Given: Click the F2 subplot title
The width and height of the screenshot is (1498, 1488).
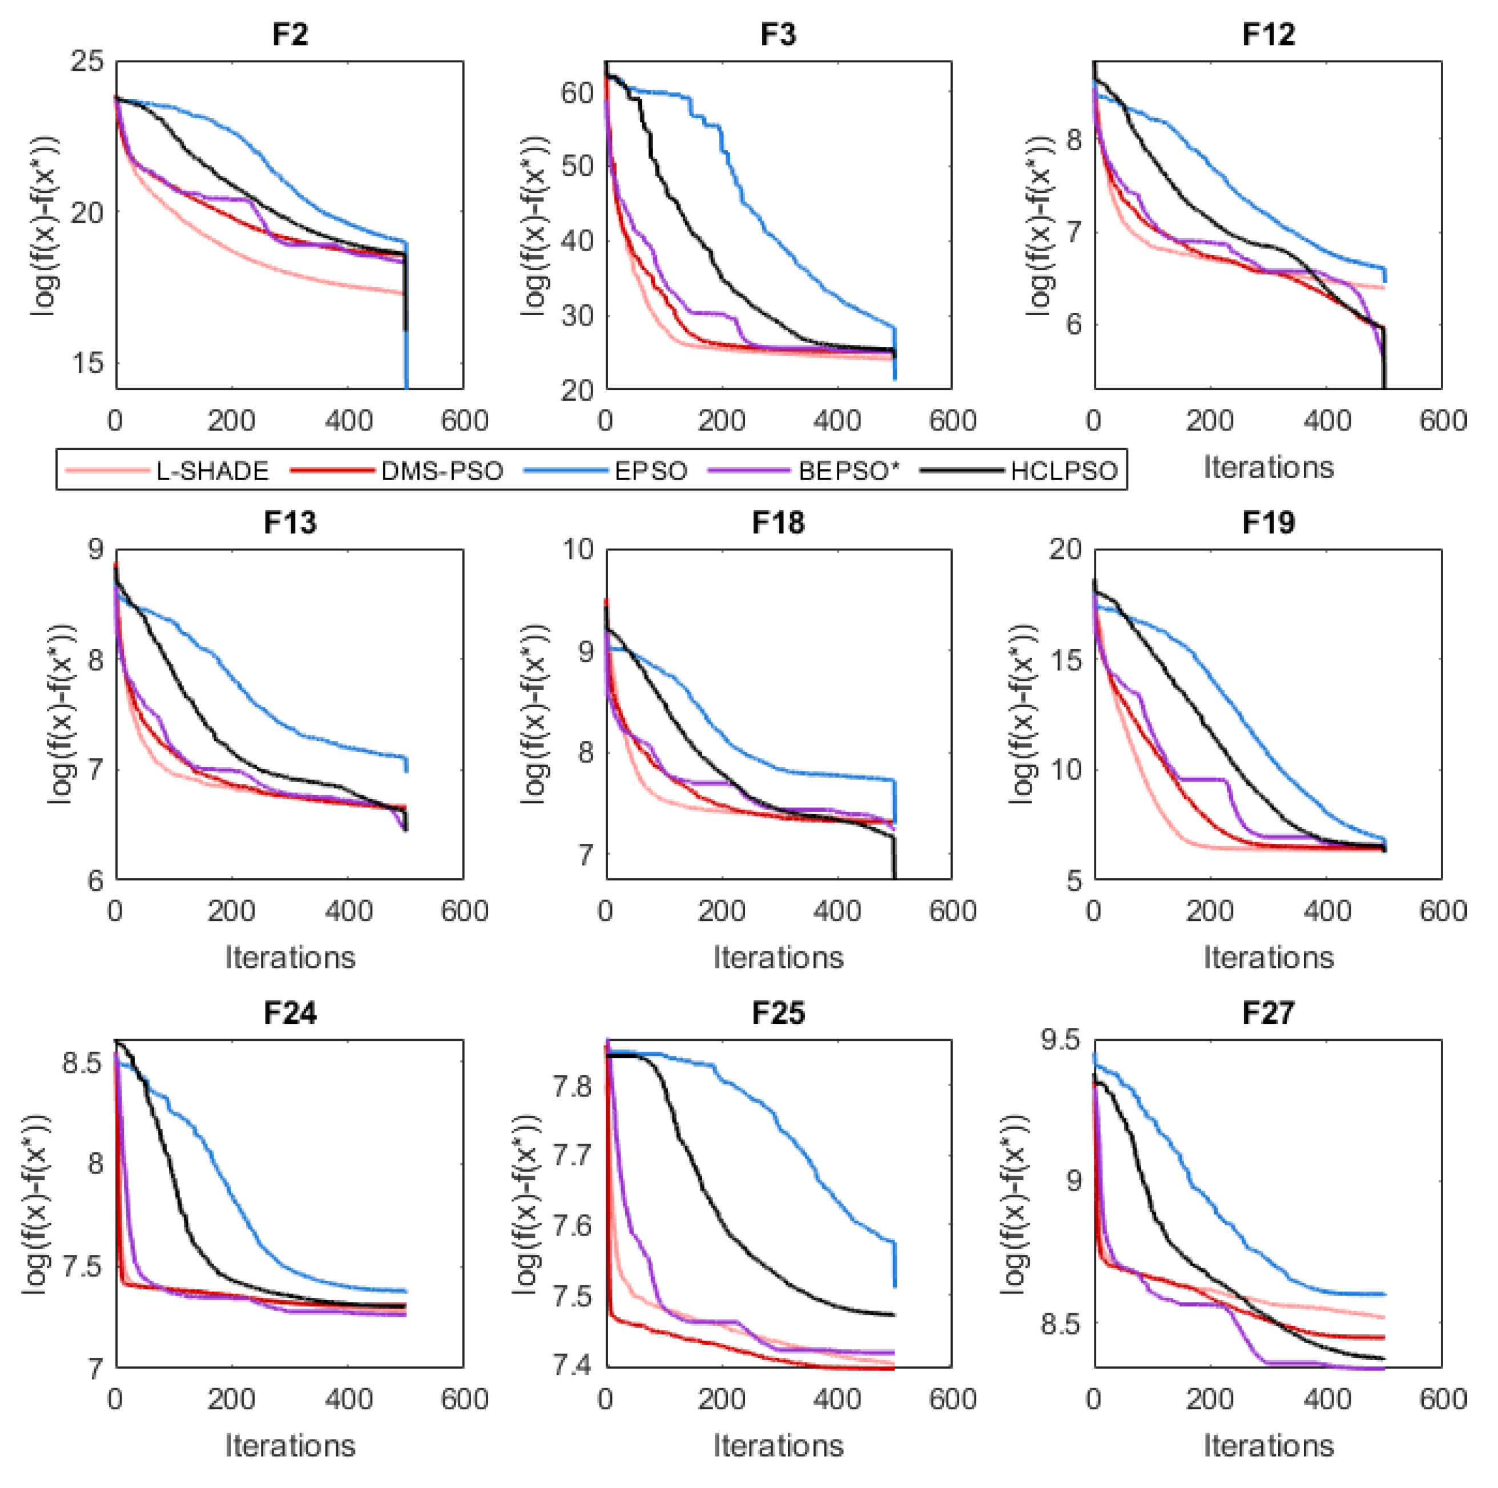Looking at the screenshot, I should [290, 35].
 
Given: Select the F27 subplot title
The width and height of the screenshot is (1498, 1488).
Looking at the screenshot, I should [1268, 1013].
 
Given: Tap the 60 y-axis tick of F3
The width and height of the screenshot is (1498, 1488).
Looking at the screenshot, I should [576, 93].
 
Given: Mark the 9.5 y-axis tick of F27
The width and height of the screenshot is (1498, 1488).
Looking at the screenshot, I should [1060, 1040].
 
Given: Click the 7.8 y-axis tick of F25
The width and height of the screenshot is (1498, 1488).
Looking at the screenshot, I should [572, 1087].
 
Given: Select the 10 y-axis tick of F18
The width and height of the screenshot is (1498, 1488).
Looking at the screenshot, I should [577, 550].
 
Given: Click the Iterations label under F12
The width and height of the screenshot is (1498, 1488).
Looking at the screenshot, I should [1269, 467].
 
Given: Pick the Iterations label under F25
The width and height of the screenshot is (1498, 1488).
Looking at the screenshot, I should [779, 1445].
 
